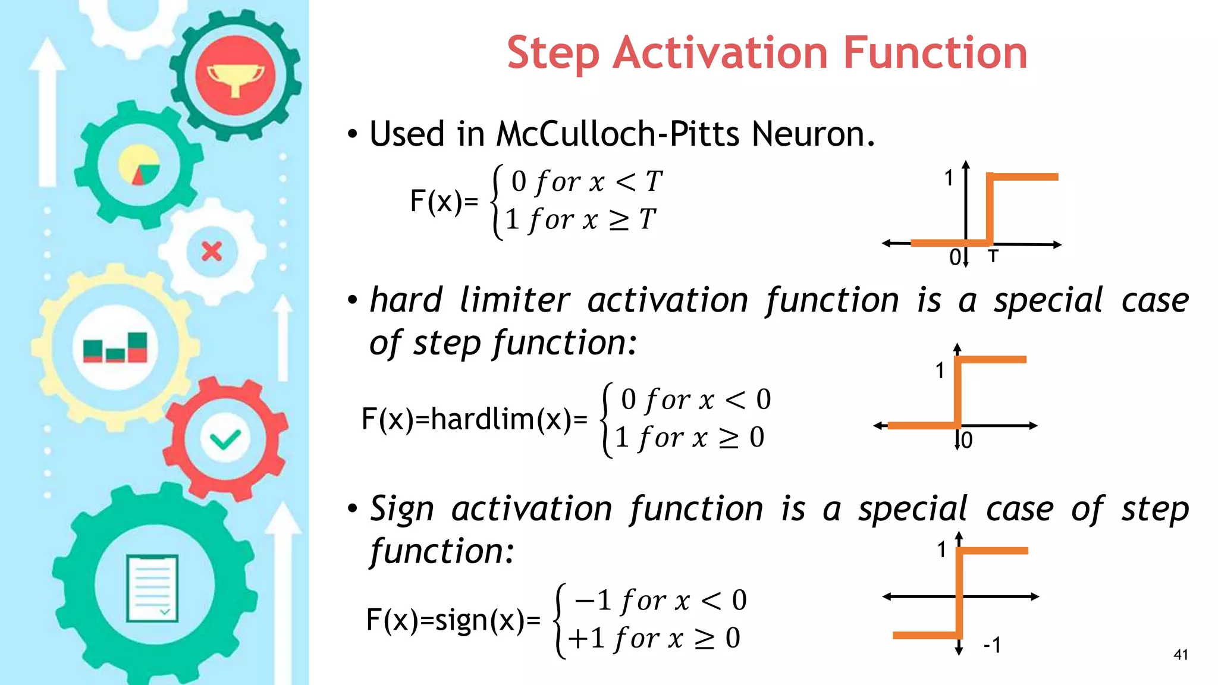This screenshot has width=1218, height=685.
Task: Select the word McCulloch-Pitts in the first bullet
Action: pyautogui.click(x=618, y=134)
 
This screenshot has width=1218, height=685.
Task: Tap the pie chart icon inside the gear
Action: pyautogui.click(x=139, y=165)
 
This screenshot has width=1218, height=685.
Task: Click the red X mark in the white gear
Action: pyautogui.click(x=212, y=252)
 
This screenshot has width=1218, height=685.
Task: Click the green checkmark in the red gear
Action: pyautogui.click(x=225, y=440)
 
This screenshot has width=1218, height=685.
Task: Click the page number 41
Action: pyautogui.click(x=1181, y=655)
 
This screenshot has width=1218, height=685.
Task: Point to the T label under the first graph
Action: pyautogui.click(x=993, y=257)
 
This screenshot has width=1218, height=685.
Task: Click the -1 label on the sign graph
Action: pyautogui.click(x=992, y=645)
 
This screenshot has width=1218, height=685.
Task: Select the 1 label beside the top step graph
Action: pyautogui.click(x=949, y=178)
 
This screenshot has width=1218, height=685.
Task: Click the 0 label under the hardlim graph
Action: pyautogui.click(x=967, y=441)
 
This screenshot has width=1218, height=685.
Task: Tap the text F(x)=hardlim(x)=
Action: pyautogui.click(x=474, y=419)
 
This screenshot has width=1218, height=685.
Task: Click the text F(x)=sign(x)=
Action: pyautogui.click(x=453, y=620)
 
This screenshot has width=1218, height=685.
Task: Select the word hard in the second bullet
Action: pyautogui.click(x=406, y=300)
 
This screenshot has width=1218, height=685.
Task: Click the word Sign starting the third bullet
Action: pyautogui.click(x=402, y=510)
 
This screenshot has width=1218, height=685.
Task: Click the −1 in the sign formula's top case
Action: pyautogui.click(x=593, y=600)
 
